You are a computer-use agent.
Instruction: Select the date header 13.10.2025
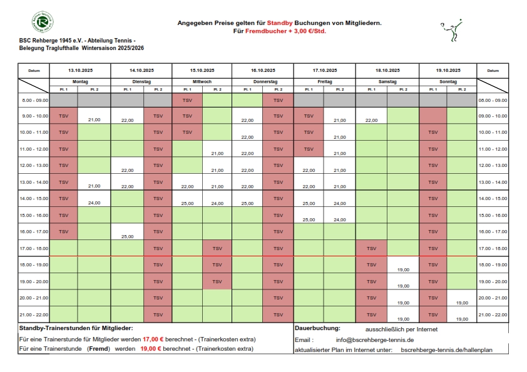click(80, 71)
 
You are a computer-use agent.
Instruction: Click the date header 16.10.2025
click(263, 71)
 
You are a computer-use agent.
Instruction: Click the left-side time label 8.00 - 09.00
click(34, 100)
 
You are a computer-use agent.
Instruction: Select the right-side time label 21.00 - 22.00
click(493, 314)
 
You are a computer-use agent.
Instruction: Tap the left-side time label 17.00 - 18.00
click(34, 248)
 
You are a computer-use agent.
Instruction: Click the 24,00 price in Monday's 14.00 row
click(95, 203)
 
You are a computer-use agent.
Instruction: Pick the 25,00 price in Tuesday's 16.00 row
click(127, 236)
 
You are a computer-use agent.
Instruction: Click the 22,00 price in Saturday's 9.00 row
click(371, 119)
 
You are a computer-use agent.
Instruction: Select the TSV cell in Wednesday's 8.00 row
click(187, 100)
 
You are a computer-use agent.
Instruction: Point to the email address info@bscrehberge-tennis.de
click(375, 339)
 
